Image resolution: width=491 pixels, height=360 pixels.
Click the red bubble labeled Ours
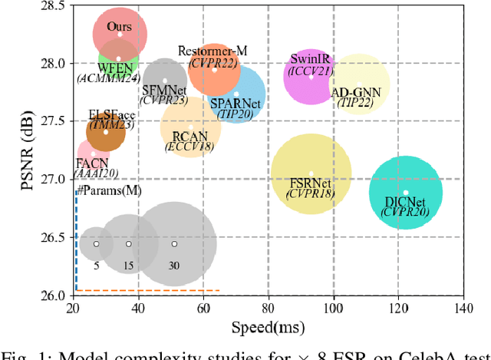click(120, 34)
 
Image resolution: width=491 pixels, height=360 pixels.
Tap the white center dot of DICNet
click(406, 193)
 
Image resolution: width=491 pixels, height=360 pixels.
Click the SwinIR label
click(309, 60)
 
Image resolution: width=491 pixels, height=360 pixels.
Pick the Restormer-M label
click(213, 51)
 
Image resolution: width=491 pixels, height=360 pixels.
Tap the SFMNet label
click(164, 90)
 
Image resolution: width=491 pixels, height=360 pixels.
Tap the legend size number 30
click(174, 266)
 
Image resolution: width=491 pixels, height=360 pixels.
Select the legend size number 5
click(97, 266)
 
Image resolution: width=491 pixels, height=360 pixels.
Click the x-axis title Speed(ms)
click(266, 326)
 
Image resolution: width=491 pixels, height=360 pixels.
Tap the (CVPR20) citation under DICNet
click(407, 211)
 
